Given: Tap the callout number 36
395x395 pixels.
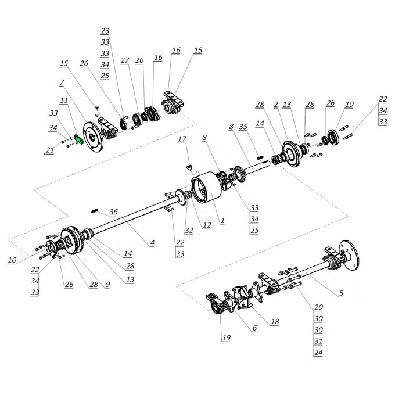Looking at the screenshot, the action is [113, 212].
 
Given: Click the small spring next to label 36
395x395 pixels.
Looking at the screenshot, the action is [94, 211].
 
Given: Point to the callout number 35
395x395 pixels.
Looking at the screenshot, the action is [243, 127].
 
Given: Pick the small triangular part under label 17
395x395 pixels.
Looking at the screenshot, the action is [189, 167].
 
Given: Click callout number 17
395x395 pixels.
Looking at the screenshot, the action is [182, 139].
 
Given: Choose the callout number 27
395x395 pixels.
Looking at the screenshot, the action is [125, 60].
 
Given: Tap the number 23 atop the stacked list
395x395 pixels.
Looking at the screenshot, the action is [105, 31].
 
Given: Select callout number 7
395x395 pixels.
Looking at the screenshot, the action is [62, 82].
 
